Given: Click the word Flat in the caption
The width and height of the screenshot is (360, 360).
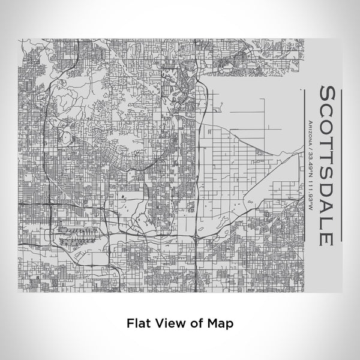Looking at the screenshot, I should [x=138, y=322].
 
